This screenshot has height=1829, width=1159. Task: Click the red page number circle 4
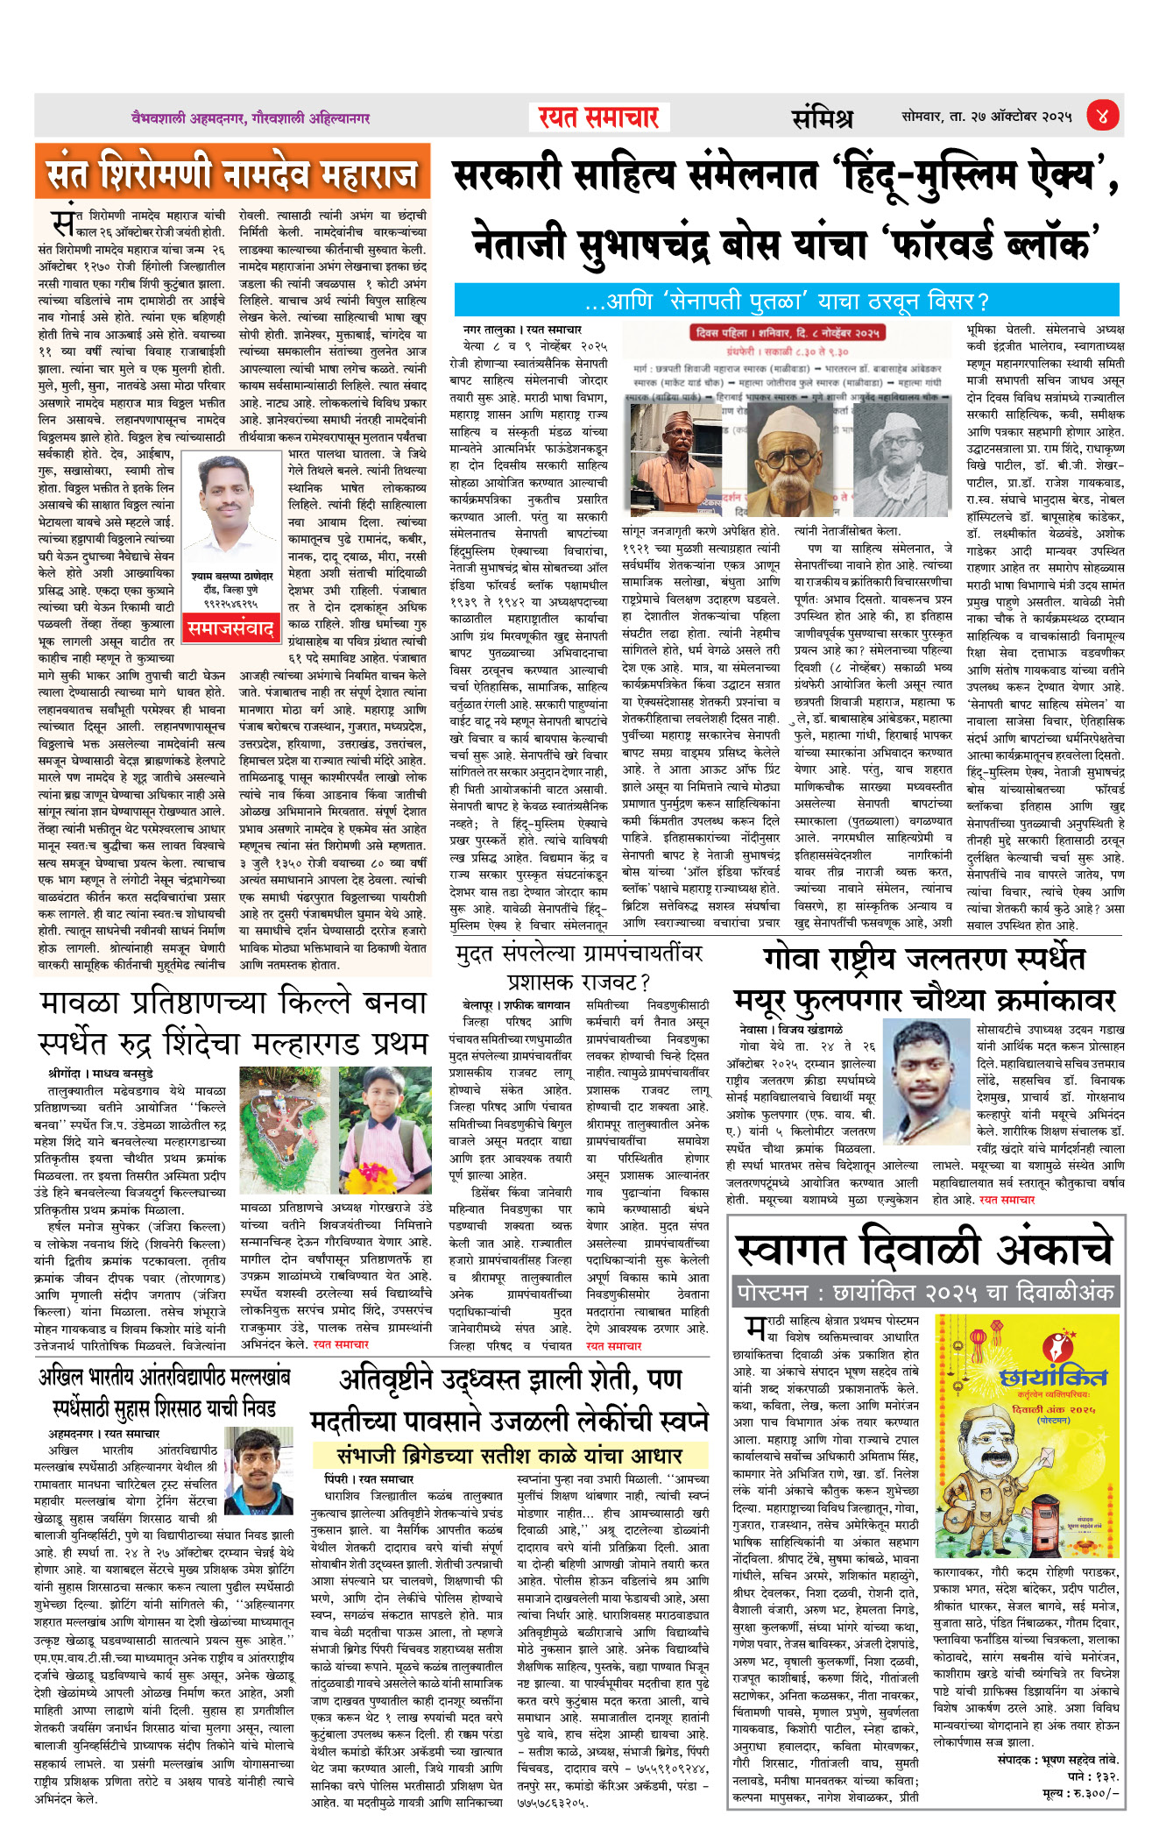pyautogui.click(x=1102, y=116)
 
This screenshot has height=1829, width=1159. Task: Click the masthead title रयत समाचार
pyautogui.click(x=598, y=117)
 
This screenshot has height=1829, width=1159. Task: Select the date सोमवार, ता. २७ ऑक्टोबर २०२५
pyautogui.click(x=986, y=117)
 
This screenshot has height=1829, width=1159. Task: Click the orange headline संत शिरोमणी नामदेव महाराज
pyautogui.click(x=233, y=173)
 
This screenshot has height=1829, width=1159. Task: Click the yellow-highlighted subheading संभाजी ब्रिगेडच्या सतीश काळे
pyautogui.click(x=510, y=1456)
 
